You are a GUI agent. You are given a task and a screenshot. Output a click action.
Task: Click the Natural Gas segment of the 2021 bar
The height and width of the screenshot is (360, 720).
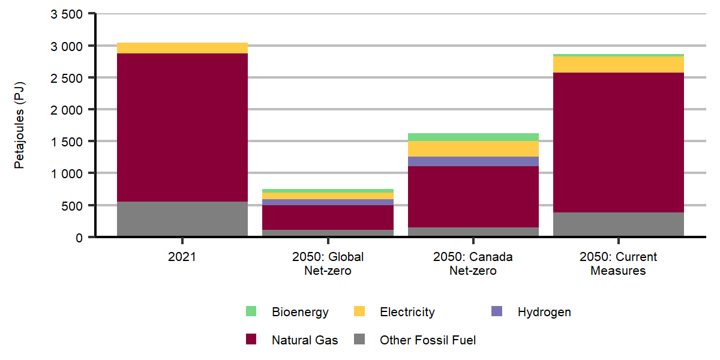(x=182, y=127)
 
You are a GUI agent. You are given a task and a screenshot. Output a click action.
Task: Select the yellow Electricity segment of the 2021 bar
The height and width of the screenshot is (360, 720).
(x=182, y=48)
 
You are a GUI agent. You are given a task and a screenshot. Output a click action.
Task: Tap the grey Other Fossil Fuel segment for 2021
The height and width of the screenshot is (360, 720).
(x=182, y=219)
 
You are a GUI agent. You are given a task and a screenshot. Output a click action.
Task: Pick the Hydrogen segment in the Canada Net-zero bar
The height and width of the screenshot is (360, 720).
(x=473, y=161)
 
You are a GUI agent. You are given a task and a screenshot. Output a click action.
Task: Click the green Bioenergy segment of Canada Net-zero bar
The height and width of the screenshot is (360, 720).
(x=473, y=137)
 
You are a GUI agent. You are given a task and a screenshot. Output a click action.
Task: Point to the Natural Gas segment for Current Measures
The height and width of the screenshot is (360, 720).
(x=618, y=142)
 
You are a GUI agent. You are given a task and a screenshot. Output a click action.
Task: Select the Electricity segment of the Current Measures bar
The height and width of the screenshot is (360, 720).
(x=618, y=64)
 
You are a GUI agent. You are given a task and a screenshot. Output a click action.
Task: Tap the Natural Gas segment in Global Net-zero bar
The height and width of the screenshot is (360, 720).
(x=328, y=217)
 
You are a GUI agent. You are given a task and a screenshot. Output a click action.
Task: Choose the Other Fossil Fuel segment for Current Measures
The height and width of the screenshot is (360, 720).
(x=618, y=224)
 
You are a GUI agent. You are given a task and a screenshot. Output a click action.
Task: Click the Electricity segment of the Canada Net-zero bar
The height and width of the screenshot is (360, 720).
(x=473, y=149)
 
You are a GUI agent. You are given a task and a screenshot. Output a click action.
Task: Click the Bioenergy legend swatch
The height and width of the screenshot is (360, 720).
(x=251, y=311)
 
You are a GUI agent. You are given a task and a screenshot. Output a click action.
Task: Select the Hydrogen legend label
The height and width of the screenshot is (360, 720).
(x=544, y=312)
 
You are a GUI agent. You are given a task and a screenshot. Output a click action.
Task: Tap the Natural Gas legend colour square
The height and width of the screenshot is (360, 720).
(x=251, y=340)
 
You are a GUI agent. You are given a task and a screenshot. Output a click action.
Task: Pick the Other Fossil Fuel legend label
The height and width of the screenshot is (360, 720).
(x=427, y=340)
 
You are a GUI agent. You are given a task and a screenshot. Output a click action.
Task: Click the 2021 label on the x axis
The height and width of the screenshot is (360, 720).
(x=182, y=257)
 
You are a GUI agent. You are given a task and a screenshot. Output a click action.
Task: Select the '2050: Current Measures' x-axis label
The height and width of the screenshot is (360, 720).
(x=618, y=263)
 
